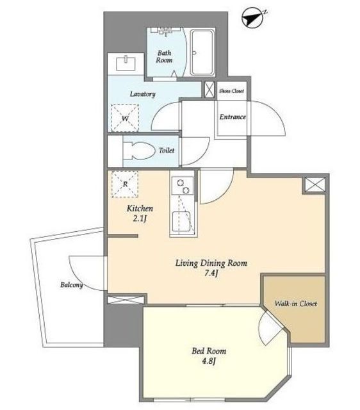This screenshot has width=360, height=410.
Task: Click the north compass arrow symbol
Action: point(252,18)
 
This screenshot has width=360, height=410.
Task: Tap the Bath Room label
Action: point(164,56)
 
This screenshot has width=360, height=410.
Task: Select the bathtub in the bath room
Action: point(202,53)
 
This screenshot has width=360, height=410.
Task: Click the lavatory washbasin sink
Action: point(126,63)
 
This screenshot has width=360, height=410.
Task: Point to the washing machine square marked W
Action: point(125,118)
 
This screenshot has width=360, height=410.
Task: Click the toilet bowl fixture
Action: point(138,151)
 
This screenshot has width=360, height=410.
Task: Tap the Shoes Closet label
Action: point(231,91)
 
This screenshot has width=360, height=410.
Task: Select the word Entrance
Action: point(233,117)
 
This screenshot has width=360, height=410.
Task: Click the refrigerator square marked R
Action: point(125,184)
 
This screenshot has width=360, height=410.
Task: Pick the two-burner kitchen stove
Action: point(183,186)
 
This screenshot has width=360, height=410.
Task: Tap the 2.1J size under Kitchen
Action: point(139,218)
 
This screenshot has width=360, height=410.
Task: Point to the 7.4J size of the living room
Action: point(211,274)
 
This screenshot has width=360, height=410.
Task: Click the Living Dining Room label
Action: point(211,263)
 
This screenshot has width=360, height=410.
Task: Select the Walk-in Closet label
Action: point(296,304)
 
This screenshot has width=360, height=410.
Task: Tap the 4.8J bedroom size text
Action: point(209,361)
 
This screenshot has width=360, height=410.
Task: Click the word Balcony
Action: point(71,284)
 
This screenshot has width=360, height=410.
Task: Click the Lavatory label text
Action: point(142,94)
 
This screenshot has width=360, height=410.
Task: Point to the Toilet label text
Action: point(167,151)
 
